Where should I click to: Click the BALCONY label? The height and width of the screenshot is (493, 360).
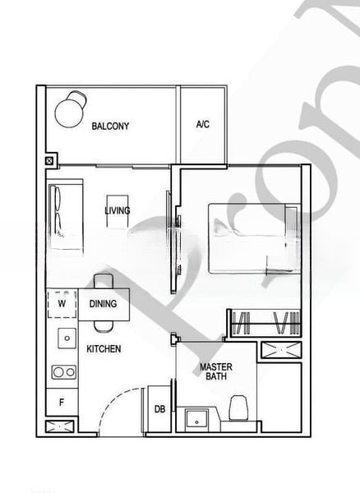coord(110,126)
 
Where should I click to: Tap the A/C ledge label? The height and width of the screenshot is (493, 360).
coord(203,125)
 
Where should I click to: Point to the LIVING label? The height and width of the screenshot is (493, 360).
coord(118,211)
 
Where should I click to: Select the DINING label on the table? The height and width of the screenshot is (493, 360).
coord(104,304)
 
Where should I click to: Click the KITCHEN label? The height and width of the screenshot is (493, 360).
coord(104,349)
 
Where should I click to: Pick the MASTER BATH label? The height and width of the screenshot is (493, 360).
coord(216,371)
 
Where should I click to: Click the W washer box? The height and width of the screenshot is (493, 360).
coord(62,302)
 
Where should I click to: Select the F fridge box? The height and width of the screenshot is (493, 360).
coord(62,403)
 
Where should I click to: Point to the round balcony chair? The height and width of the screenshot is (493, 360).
coord(70,107)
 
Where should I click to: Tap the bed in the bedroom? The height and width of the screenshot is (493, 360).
coord(252,237)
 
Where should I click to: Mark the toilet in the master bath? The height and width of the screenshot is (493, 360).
coord(239,408)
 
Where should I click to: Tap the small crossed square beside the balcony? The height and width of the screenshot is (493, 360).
coord(50,162)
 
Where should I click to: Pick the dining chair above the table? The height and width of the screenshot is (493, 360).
coord(102,281)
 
